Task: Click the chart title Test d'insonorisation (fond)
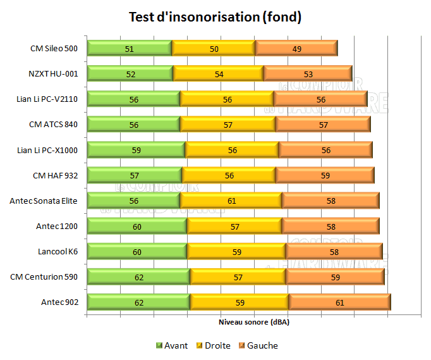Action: (215, 17)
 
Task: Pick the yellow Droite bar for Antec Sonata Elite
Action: (231, 201)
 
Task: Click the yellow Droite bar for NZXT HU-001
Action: (218, 73)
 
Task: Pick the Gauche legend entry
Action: (258, 345)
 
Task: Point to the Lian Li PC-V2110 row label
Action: (48, 99)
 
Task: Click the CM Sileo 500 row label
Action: (54, 48)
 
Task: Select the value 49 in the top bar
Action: (296, 48)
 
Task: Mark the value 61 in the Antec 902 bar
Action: (339, 302)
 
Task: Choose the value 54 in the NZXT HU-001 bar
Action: (218, 73)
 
